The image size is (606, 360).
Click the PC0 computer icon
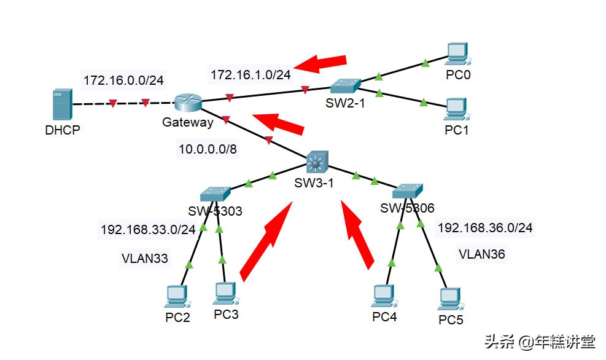click(456, 54)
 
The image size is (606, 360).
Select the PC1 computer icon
click(456, 109)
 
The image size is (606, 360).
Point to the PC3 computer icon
click(226, 294)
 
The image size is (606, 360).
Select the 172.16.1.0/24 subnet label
click(251, 74)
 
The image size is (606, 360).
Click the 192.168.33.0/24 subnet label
click(148, 230)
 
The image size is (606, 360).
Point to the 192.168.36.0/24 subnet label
click(484, 228)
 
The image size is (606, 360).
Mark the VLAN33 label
click(144, 259)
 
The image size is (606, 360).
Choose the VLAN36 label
click(482, 253)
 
